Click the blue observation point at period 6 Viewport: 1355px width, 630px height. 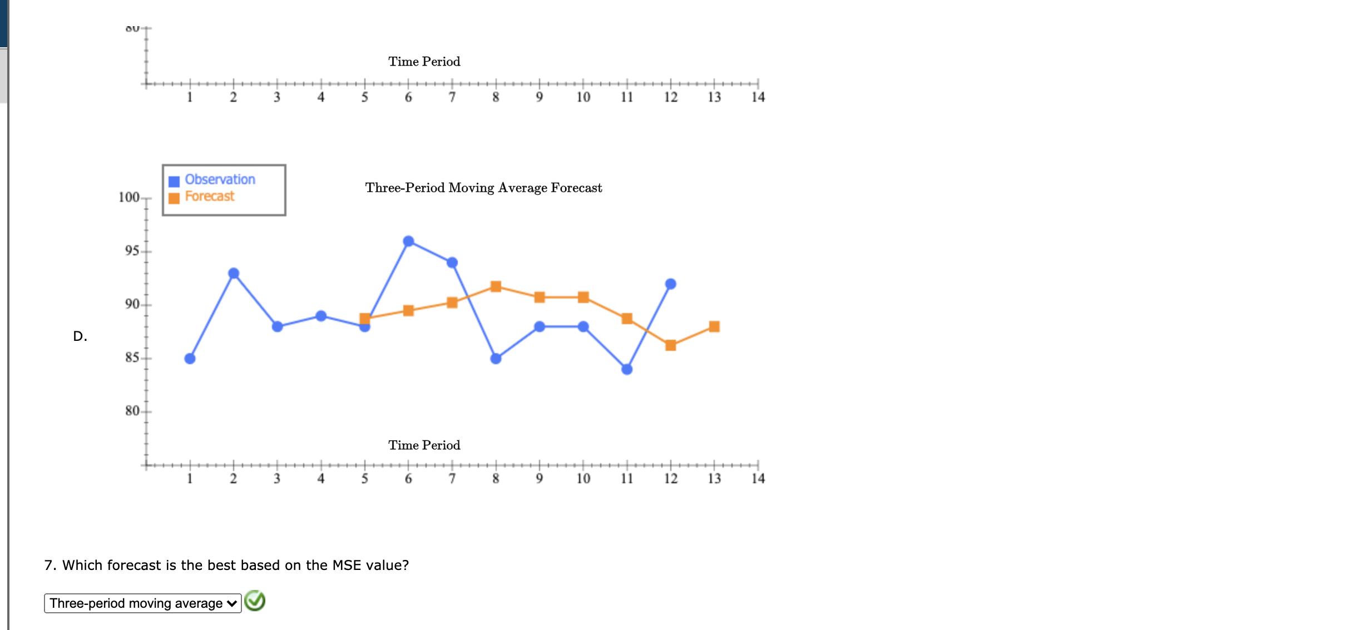pyautogui.click(x=408, y=241)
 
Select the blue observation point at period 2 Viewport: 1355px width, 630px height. pyautogui.click(x=234, y=274)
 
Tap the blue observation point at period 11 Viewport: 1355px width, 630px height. pyautogui.click(x=627, y=369)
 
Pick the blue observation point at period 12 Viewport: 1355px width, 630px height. pyautogui.click(x=670, y=284)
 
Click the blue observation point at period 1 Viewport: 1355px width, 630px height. pyautogui.click(x=190, y=359)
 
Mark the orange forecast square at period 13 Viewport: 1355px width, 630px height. pyautogui.click(x=714, y=326)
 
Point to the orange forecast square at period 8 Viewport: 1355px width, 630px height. pyautogui.click(x=496, y=286)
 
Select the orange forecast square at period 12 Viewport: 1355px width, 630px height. pyautogui.click(x=670, y=345)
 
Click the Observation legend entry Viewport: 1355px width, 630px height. pyautogui.click(x=220, y=180)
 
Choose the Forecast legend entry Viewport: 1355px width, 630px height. pyautogui.click(x=210, y=196)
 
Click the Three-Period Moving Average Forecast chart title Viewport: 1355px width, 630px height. pyautogui.click(x=483, y=188)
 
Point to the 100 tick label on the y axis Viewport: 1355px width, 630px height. pyautogui.click(x=129, y=197)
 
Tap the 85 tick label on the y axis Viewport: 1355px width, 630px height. pyautogui.click(x=132, y=358)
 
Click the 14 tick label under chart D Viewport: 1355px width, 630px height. pyautogui.click(x=758, y=479)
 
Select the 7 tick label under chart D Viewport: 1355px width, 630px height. pyautogui.click(x=452, y=479)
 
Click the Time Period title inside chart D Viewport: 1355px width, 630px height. pyautogui.click(x=424, y=445)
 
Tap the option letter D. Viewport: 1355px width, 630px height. pyautogui.click(x=80, y=336)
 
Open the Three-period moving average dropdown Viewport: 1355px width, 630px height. pyautogui.click(x=143, y=603)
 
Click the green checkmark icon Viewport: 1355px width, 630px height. pyautogui.click(x=255, y=601)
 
